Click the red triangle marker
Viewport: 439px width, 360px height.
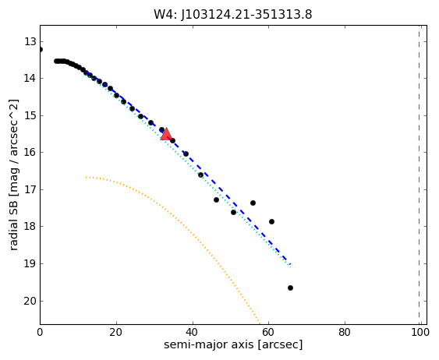[166, 134]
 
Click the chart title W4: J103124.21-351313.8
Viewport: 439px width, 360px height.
[233, 14]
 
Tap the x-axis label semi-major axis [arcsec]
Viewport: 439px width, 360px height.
[233, 344]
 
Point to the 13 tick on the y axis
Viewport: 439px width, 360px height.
[30, 42]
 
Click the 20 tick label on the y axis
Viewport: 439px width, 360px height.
[30, 302]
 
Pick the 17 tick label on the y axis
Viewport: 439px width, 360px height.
[30, 190]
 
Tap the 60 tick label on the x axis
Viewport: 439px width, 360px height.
[269, 332]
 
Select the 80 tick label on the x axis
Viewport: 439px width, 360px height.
[345, 332]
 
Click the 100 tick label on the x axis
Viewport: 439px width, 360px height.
[420, 332]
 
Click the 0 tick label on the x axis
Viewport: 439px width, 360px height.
[40, 332]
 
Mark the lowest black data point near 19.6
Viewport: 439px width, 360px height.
[290, 288]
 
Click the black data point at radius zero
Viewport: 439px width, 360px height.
[41, 50]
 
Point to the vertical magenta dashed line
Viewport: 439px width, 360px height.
[420, 175]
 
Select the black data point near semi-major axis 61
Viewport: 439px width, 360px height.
[271, 221]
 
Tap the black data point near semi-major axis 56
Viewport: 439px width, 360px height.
[253, 203]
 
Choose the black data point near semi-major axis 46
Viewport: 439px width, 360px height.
[216, 199]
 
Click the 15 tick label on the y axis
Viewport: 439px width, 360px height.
[30, 116]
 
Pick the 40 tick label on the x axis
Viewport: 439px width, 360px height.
[193, 332]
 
